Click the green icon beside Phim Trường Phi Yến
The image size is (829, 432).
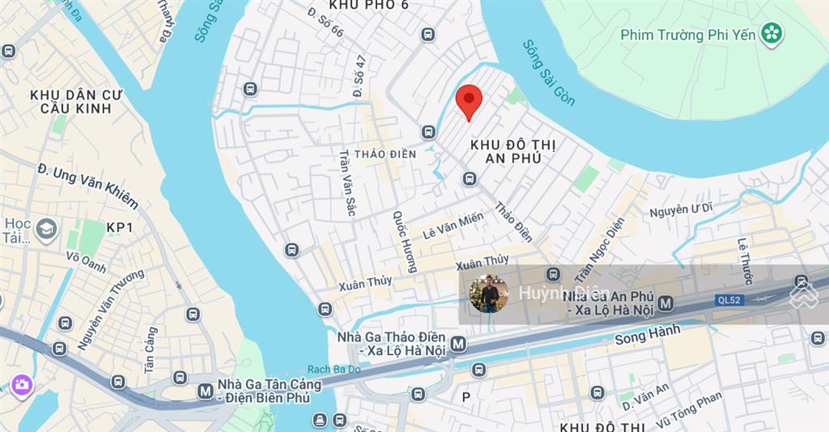pos(772,34)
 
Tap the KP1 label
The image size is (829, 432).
pos(119,228)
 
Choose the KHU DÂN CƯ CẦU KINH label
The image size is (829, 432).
pos(76,102)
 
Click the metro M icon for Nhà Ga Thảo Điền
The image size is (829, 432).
pos(458,344)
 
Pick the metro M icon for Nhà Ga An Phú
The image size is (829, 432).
pos(666,303)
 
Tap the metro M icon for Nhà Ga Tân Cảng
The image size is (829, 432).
pos(205,392)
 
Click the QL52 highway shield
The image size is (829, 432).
pos(728,299)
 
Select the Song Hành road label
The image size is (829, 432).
pos(648,335)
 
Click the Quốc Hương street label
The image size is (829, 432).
pos(404,241)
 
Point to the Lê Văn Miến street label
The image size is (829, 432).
pos(453,224)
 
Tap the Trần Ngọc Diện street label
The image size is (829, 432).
pos(600,240)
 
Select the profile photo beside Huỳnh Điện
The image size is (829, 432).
pos(488,294)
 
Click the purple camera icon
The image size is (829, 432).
pos(21,384)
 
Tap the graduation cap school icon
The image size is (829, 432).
pos(46,227)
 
